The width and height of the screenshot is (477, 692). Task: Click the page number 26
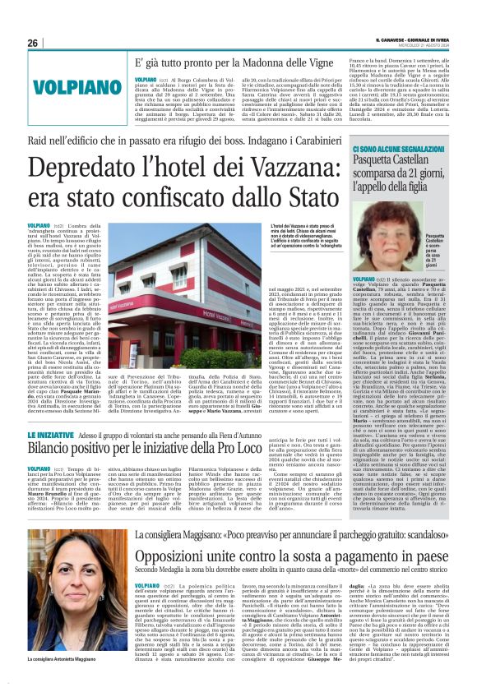pos(33,43)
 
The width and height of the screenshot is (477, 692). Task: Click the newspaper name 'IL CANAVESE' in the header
pos(396,39)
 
